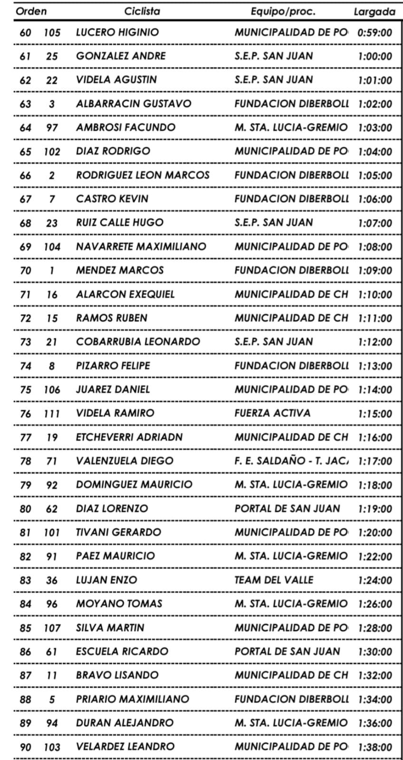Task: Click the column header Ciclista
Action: point(142,11)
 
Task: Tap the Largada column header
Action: point(374,12)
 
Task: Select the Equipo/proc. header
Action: point(283,11)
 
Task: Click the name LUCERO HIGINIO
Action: point(117,32)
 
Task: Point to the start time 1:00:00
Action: point(375,57)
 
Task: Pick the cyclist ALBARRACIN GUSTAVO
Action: point(134,104)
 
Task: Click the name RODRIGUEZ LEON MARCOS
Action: point(143,175)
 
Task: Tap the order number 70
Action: point(25,271)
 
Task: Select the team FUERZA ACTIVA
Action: point(272,413)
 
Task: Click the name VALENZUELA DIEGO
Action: point(125,461)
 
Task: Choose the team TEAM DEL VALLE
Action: point(274,580)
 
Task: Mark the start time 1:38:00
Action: point(375,747)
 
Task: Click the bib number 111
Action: point(52,414)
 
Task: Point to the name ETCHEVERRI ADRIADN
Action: point(129,437)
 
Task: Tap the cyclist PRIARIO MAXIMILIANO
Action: point(133,699)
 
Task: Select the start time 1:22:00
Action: point(375,557)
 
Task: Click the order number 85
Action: point(25,628)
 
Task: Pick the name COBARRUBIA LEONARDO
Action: point(138,342)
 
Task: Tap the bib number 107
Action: point(52,628)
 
